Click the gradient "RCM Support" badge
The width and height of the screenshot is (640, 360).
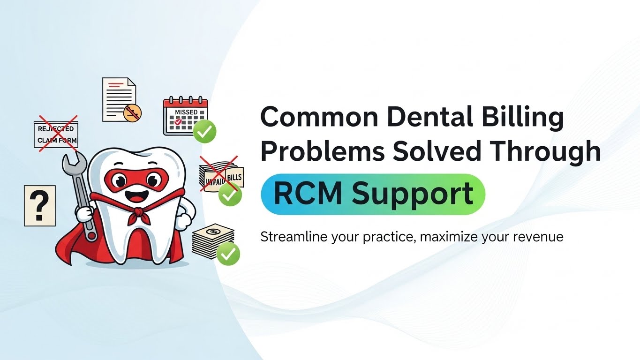pyautogui.click(x=373, y=194)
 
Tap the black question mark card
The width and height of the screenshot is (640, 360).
pyautogui.click(x=40, y=205)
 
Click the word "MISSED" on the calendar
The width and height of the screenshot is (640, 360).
pyautogui.click(x=186, y=112)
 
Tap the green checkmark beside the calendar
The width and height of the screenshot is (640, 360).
pyautogui.click(x=205, y=131)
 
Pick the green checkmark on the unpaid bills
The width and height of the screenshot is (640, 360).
pyautogui.click(x=230, y=194)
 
